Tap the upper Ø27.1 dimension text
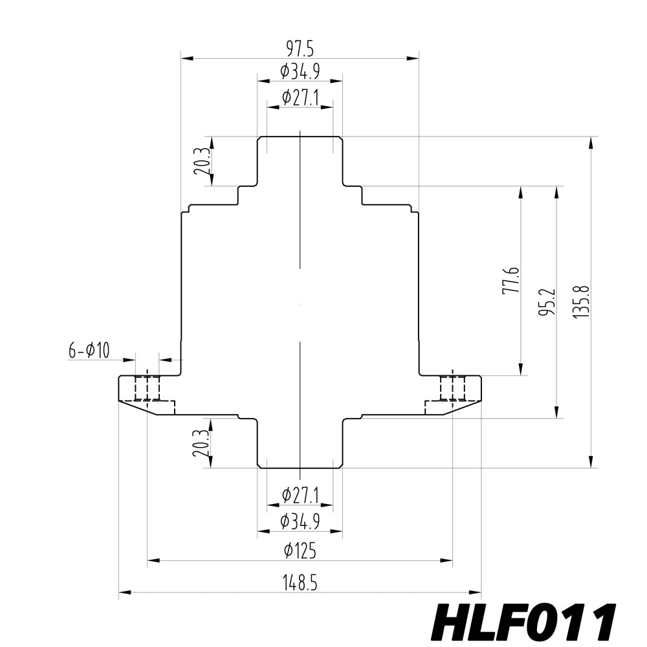click(x=300, y=98)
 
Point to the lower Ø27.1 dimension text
click(x=300, y=496)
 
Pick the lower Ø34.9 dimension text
click(x=300, y=521)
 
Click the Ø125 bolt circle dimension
click(x=300, y=551)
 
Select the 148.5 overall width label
click(x=300, y=583)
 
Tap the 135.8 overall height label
click(x=581, y=303)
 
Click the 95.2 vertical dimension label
click(x=547, y=303)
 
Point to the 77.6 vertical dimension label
click(x=510, y=280)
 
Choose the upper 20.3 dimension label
click(x=201, y=162)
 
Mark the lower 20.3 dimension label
click(x=201, y=443)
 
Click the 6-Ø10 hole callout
click(x=89, y=351)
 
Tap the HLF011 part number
click(x=523, y=622)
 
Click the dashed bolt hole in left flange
click(x=148, y=388)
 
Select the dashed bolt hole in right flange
click(x=452, y=388)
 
